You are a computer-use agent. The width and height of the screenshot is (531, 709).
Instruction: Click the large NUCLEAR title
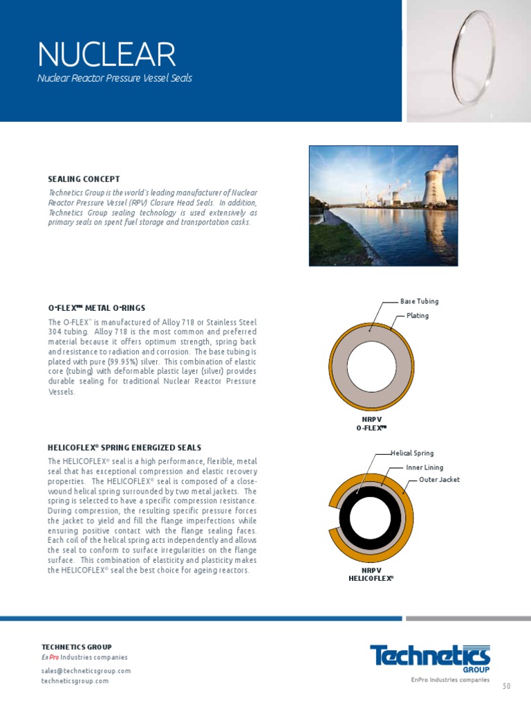pos(106,55)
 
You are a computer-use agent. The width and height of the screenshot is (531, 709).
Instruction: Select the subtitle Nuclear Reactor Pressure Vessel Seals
pos(114,78)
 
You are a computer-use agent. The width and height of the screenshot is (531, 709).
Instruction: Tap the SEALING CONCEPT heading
pos(84,179)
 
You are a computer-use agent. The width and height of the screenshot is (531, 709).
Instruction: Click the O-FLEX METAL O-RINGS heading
pos(97,307)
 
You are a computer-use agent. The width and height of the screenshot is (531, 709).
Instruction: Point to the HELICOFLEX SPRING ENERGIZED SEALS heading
pos(124,447)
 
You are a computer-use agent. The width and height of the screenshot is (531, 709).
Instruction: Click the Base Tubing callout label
pos(419,302)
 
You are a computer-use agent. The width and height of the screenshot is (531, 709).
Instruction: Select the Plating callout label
pos(417,316)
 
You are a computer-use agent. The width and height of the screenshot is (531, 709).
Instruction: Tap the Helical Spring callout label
pos(412,454)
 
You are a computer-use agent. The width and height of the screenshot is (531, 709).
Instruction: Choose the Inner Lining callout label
pos(425,468)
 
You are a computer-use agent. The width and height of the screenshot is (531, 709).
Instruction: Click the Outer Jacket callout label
pos(439,480)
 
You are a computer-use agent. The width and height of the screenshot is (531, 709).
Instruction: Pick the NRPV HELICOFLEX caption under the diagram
pos(371,573)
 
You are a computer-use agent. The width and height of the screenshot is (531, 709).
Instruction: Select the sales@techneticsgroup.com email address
pos(86,671)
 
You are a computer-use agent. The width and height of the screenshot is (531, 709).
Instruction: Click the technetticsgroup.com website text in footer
pos(75,681)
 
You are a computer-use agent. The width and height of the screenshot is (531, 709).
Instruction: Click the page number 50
pos(506,686)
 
